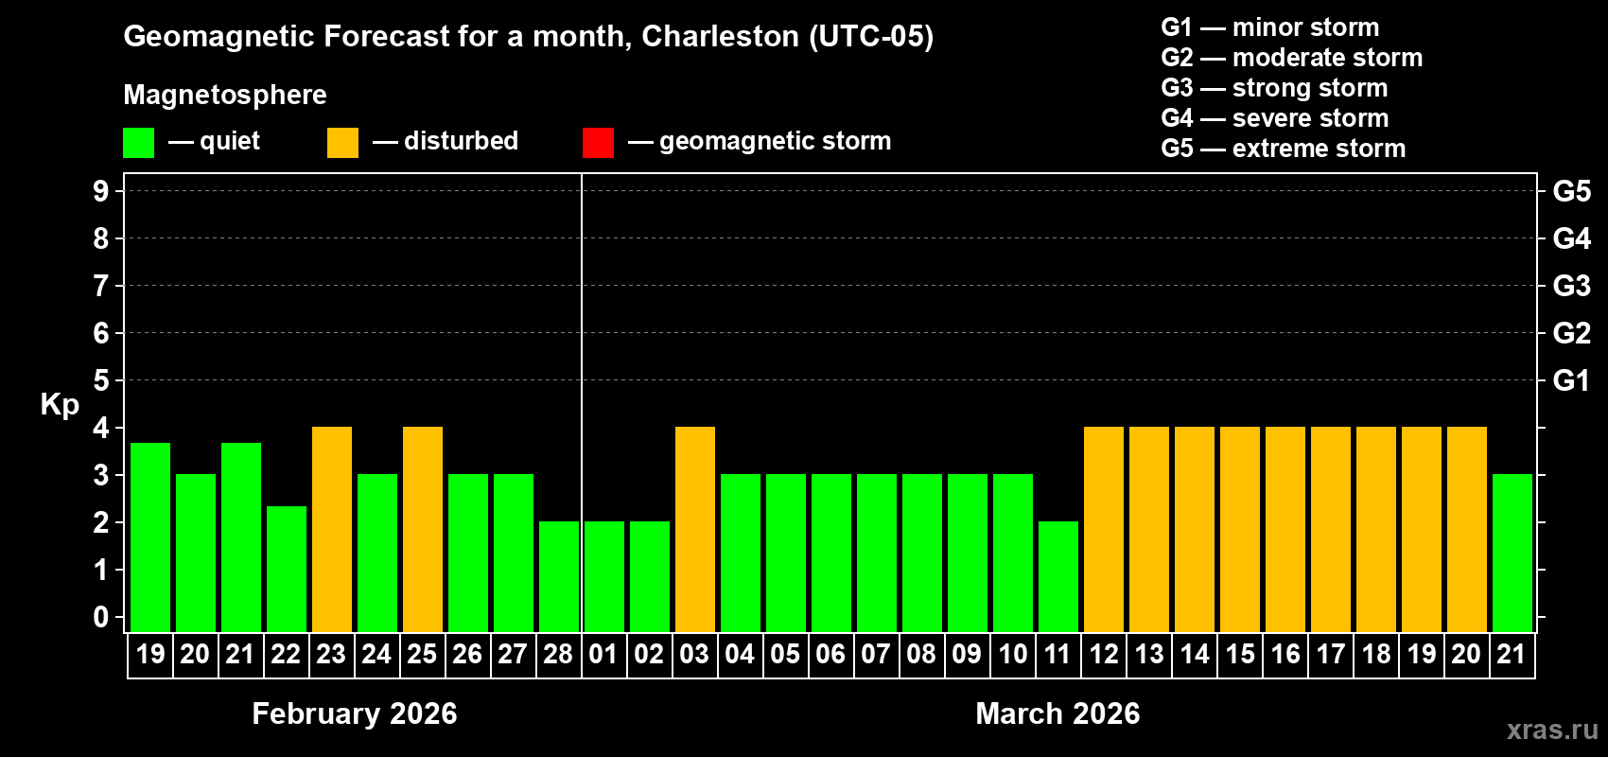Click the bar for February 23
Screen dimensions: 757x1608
click(x=332, y=530)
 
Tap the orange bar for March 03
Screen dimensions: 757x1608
click(x=695, y=530)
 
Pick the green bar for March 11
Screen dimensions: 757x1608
click(x=1058, y=577)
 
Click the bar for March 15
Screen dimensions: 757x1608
click(x=1240, y=530)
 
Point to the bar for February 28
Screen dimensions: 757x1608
click(x=559, y=577)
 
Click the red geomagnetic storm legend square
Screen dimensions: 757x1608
click(x=598, y=143)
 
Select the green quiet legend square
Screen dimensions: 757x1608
click(x=139, y=143)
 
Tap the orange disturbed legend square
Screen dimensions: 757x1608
click(x=342, y=143)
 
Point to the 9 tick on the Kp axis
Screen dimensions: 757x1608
click(x=101, y=191)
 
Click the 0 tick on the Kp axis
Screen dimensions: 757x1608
click(x=101, y=618)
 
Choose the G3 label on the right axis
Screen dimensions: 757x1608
click(x=1571, y=286)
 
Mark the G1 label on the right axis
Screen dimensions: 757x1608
click(x=1571, y=380)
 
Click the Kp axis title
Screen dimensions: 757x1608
click(x=60, y=405)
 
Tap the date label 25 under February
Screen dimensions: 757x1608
click(x=422, y=654)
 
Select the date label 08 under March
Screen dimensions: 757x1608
click(x=921, y=654)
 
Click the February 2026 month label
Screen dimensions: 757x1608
click(x=355, y=713)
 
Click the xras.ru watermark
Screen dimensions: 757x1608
click(x=1552, y=730)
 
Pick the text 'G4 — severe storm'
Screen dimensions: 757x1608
click(x=1275, y=118)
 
